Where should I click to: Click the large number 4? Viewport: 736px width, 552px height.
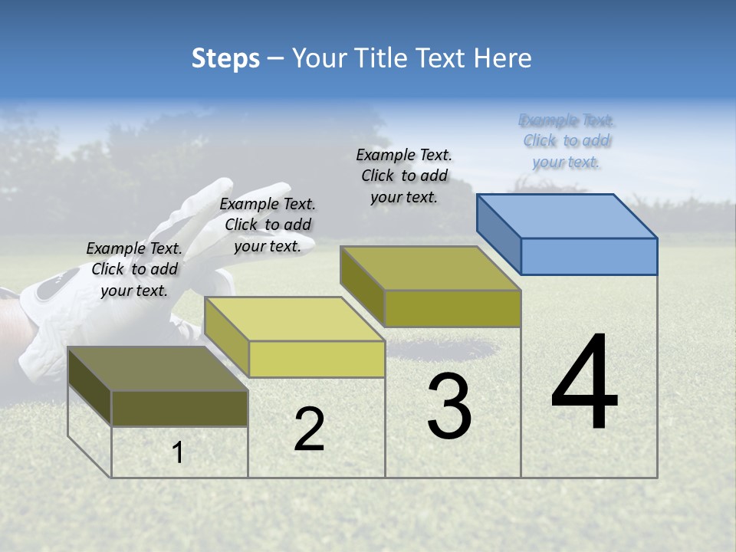tap(585, 383)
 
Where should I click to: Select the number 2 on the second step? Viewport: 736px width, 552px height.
tap(309, 429)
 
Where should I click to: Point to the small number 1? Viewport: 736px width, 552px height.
tap(178, 453)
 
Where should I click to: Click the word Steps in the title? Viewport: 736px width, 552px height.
tap(225, 58)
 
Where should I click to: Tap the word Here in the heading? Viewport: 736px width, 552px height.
tap(503, 58)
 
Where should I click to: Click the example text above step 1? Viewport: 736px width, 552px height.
tap(134, 269)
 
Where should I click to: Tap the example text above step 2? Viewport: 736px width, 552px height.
tap(268, 225)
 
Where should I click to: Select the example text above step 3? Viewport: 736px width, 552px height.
tap(404, 176)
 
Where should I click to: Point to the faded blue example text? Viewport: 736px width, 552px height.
tap(567, 141)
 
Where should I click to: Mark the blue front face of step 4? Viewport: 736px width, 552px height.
tap(589, 256)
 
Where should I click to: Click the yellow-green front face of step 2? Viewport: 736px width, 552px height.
tap(317, 359)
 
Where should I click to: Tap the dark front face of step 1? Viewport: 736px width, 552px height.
tap(179, 408)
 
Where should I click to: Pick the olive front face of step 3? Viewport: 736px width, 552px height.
tap(452, 308)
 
